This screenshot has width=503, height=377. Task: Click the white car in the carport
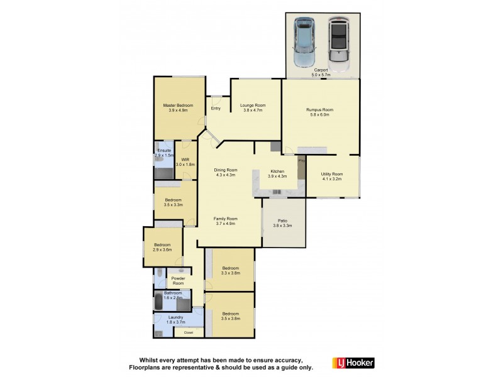340,43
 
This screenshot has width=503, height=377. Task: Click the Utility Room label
331,176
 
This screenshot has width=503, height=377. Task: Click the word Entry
216,108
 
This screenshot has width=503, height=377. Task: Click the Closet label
189,332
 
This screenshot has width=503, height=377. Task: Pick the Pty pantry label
301,161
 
